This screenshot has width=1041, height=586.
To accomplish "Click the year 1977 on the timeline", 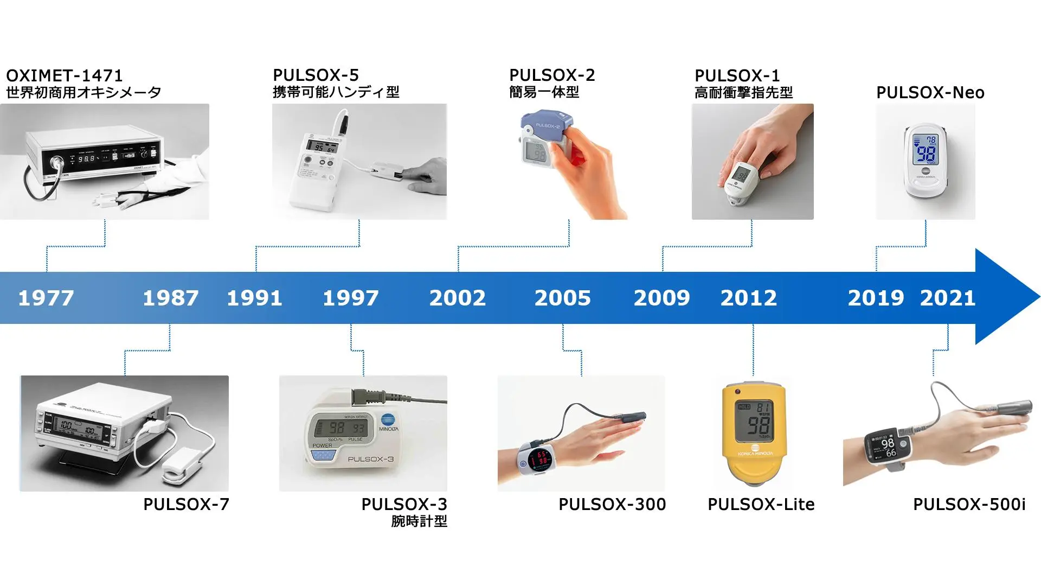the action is [x=46, y=298].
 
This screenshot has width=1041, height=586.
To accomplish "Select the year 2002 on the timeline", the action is [x=458, y=298].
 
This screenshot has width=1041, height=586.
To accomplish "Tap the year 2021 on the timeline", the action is [x=948, y=298].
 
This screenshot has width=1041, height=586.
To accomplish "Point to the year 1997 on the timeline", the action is [x=351, y=298].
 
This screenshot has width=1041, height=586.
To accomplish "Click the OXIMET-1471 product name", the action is [x=65, y=75].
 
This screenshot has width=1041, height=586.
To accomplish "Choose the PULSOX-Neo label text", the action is [x=930, y=93].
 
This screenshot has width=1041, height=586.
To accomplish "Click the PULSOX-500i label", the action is [x=969, y=505].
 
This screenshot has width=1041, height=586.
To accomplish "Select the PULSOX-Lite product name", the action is [x=761, y=505].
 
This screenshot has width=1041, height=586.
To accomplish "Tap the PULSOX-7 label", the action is [x=186, y=505].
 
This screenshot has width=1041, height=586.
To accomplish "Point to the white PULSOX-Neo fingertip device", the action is [x=927, y=161].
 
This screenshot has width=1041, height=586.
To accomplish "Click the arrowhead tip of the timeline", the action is [x=1039, y=297].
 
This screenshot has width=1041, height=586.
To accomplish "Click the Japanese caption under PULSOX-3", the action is [x=419, y=521].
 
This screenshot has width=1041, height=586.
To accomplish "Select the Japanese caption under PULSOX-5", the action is [x=336, y=92].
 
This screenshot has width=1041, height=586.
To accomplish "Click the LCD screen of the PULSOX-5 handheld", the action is [x=322, y=146].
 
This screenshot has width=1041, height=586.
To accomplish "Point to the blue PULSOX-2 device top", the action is [x=545, y=125].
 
